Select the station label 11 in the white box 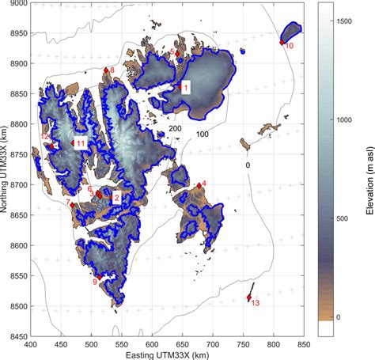click(80, 143)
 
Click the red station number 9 click(95, 282)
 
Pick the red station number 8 click(112, 70)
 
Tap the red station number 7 click(68, 203)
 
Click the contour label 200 click(176, 128)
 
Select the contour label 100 click(202, 135)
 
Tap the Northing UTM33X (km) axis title click(5, 169)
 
